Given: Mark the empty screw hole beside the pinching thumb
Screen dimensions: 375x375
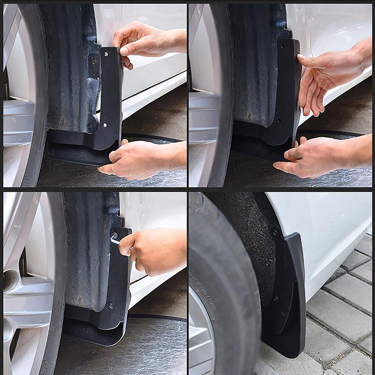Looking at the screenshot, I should pos(106,54).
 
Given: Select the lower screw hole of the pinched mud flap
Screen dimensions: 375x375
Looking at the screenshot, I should pos(105,125).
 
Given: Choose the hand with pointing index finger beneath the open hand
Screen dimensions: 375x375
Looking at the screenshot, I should pos(323,157).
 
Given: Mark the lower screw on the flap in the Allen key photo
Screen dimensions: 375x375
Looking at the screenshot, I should pos(111,306).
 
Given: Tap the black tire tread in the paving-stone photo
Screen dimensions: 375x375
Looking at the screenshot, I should pos(234,291).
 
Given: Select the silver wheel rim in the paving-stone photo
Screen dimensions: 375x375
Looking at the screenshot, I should pos(199,337).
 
